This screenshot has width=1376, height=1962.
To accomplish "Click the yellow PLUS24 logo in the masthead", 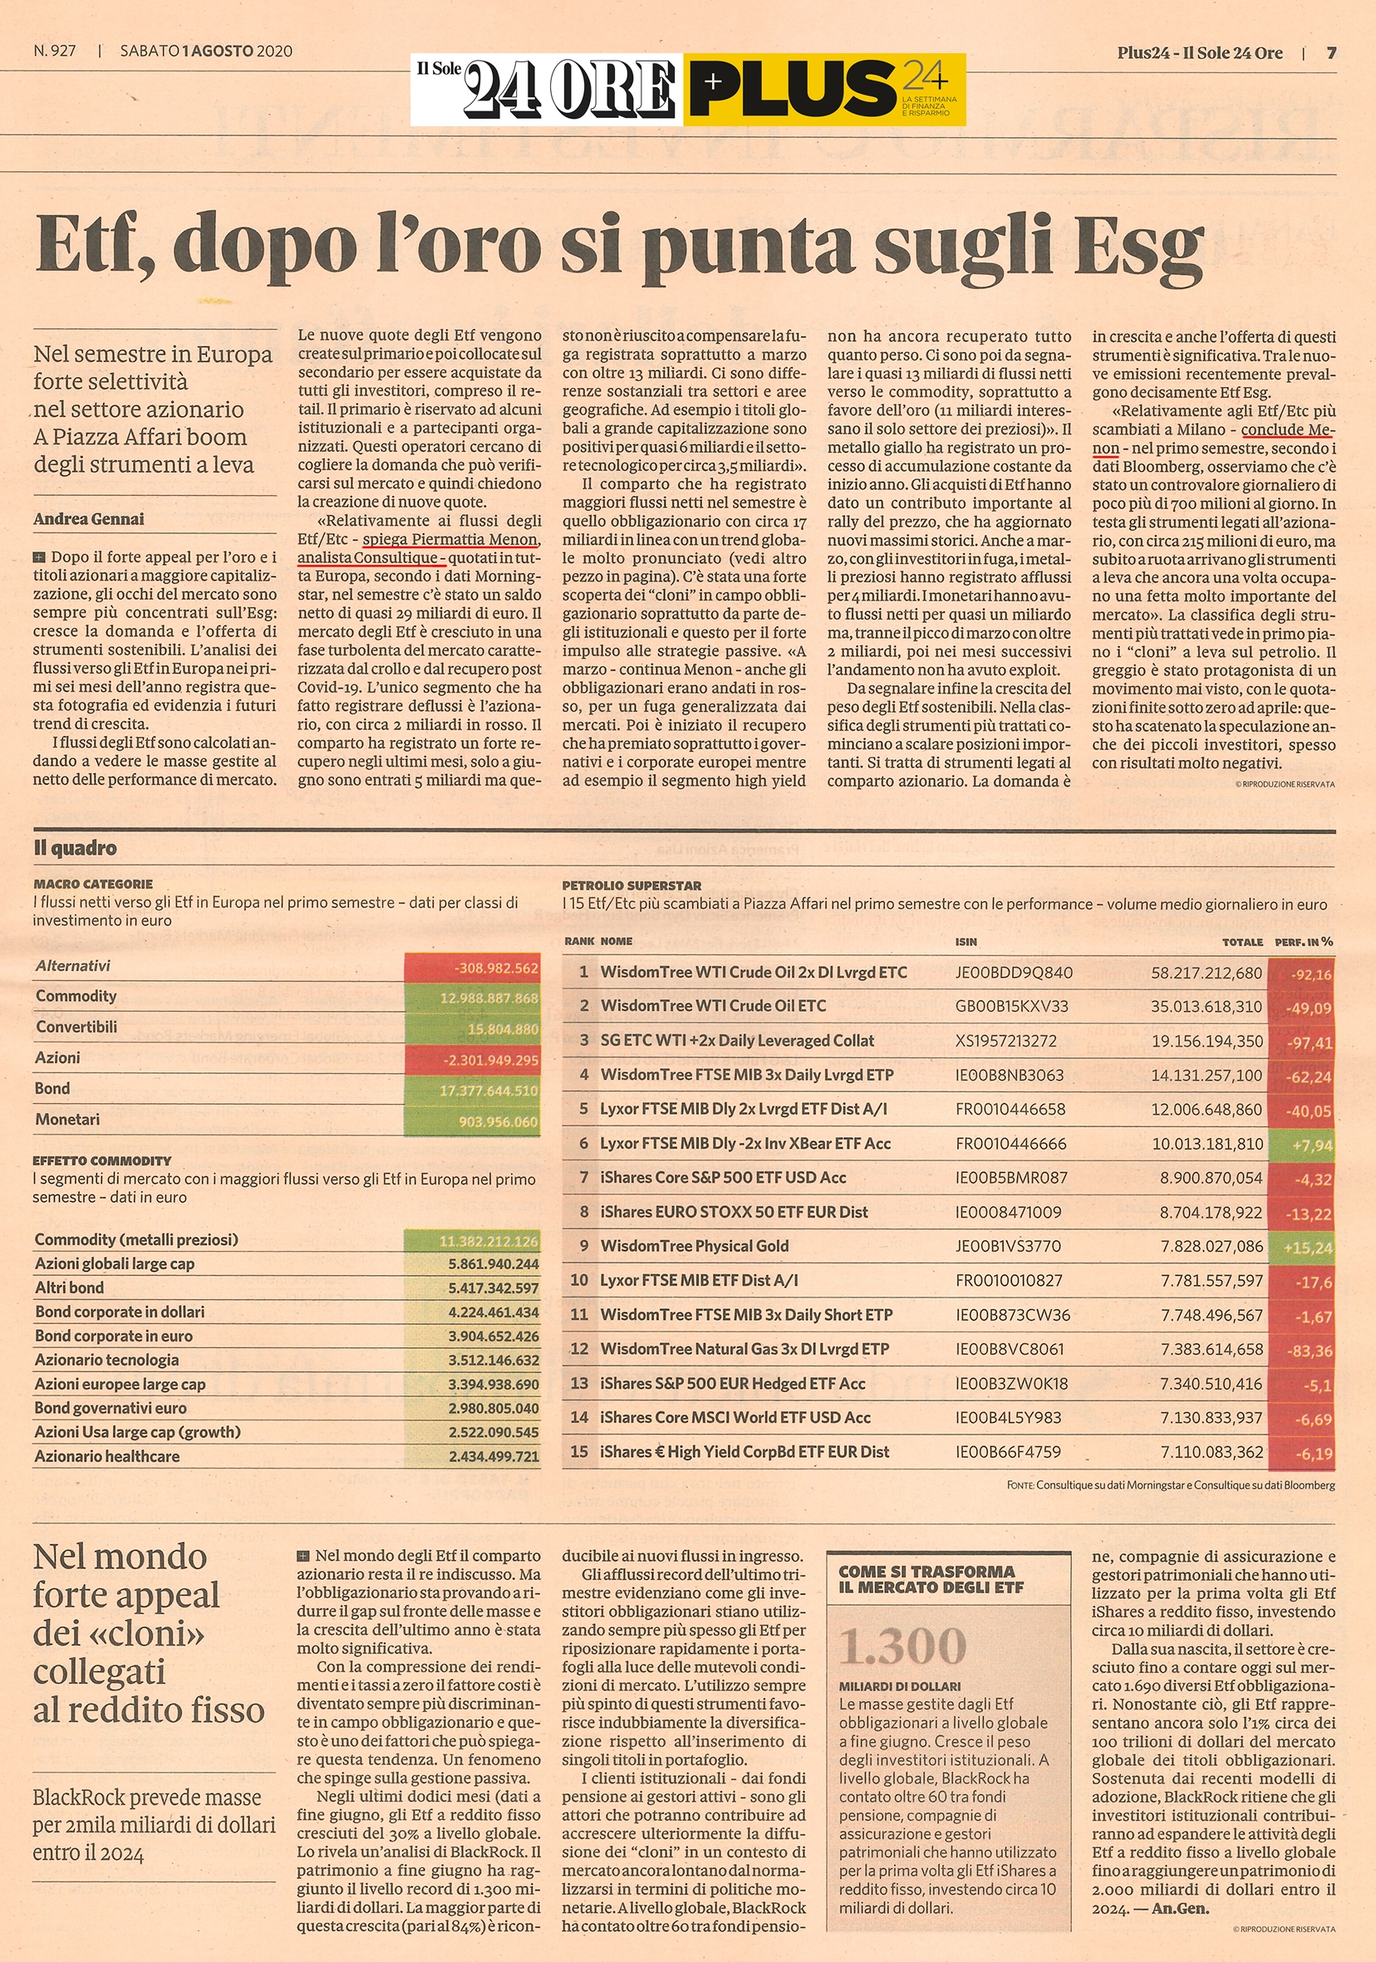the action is tap(824, 90).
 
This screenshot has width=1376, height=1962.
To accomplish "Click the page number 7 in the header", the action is tap(1330, 53).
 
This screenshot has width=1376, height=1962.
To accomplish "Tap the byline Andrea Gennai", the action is tap(89, 518).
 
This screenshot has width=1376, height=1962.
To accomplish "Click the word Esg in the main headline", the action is tap(1137, 246).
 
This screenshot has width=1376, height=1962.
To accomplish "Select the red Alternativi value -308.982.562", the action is tap(473, 969).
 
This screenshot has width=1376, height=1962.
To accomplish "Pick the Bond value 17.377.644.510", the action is tap(473, 1091).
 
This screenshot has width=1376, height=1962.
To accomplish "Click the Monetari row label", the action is tap(67, 1119).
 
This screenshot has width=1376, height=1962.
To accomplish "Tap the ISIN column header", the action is tap(966, 941).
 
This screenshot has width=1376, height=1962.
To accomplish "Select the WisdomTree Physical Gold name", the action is tap(694, 1245).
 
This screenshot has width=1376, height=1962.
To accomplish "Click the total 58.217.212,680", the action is tap(1206, 973).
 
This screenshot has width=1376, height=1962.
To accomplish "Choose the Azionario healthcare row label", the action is tap(107, 1456).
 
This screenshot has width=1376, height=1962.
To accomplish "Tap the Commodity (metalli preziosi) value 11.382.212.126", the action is tap(473, 1241).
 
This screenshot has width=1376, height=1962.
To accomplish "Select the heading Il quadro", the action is tap(76, 848).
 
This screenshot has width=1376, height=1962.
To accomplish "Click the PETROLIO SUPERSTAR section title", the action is tap(631, 885).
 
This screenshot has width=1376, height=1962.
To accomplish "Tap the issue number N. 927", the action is tap(55, 51).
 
